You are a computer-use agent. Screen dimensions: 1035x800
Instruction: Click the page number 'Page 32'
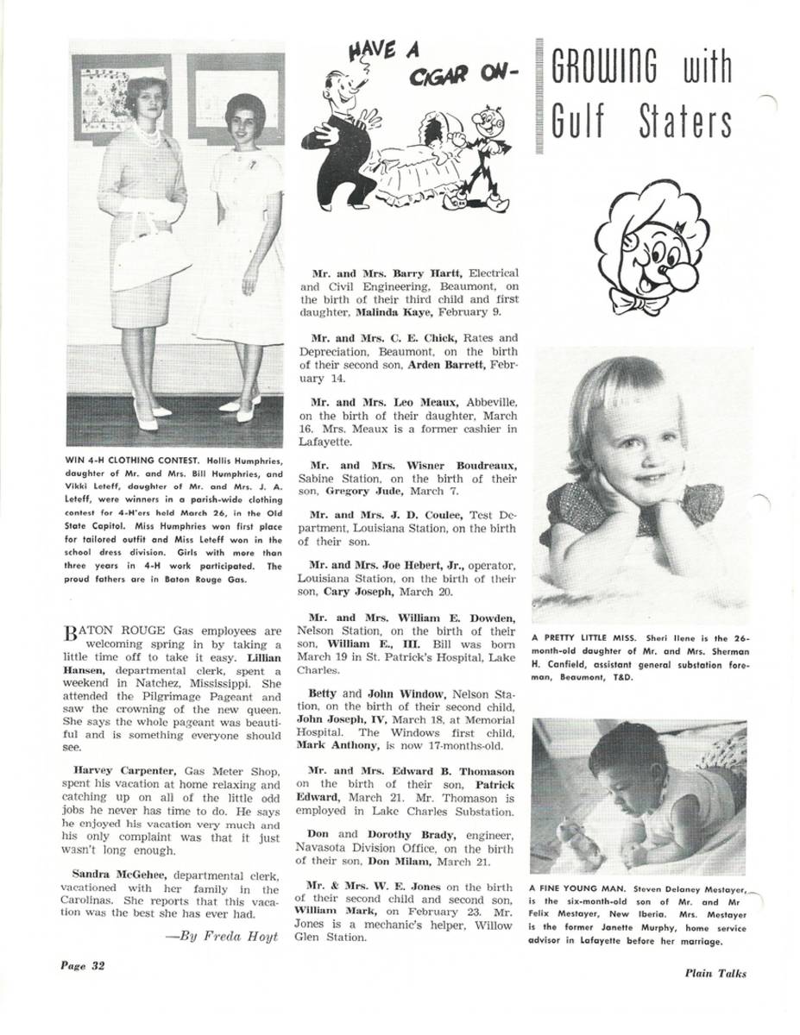[82, 965]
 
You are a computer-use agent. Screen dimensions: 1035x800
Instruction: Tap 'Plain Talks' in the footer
[715, 974]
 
